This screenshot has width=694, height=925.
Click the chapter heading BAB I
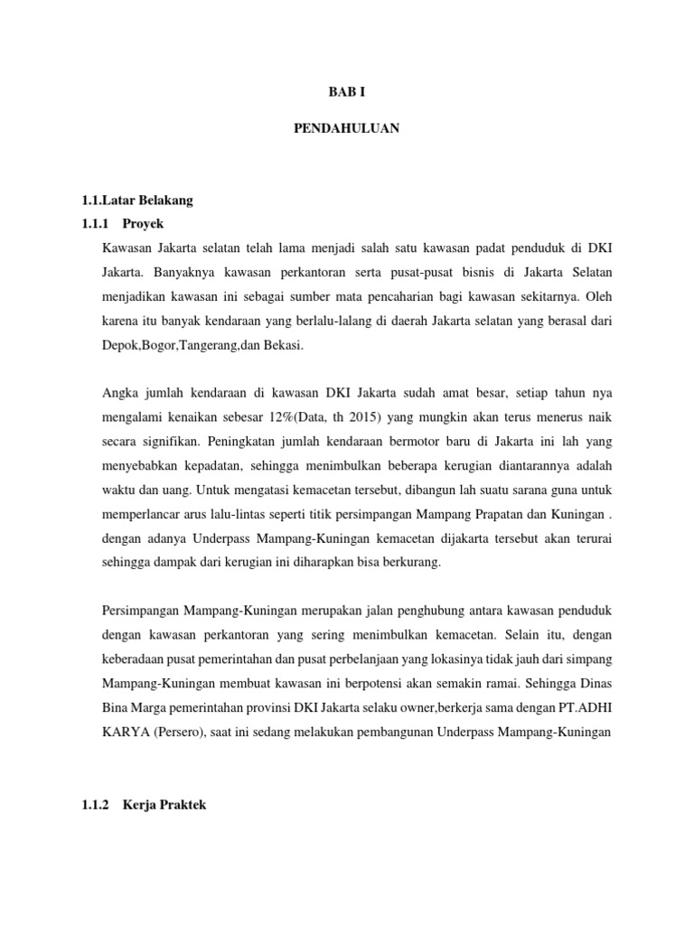pos(347,92)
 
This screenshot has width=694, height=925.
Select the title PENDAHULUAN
pos(347,129)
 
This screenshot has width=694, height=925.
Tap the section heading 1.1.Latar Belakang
pos(131,200)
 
